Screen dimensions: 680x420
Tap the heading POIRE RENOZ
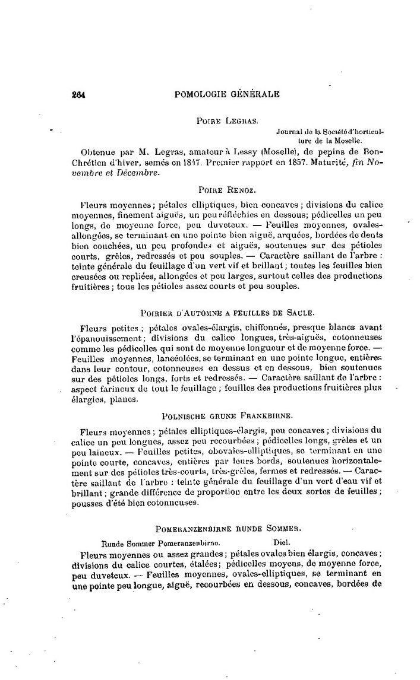click(x=227, y=190)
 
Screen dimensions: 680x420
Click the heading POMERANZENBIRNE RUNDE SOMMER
click(x=228, y=527)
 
